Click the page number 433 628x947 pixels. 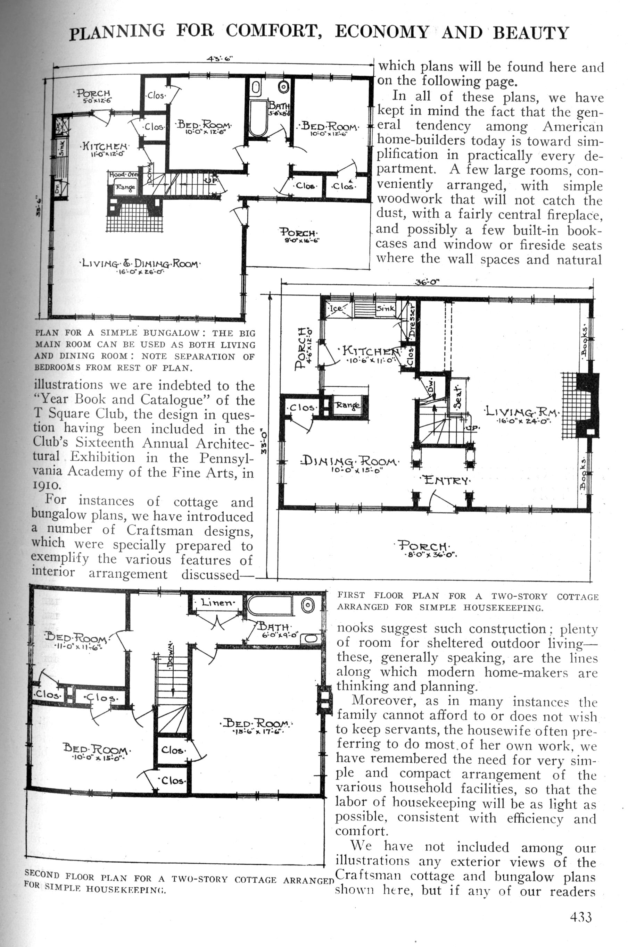coord(581,906)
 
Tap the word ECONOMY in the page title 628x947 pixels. coord(382,32)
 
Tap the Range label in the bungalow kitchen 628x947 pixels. coord(125,187)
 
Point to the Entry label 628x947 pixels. coord(445,479)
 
